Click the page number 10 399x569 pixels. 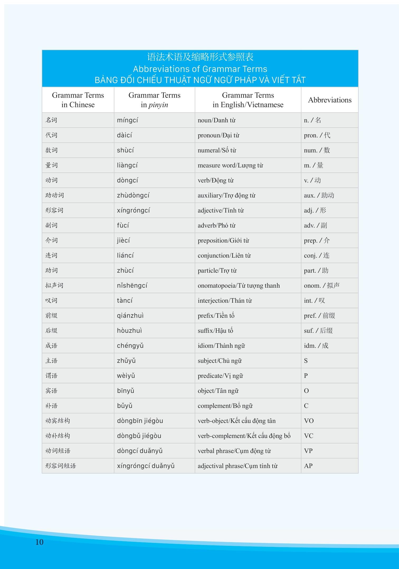[x=39, y=542]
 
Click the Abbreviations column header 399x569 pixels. [x=330, y=100]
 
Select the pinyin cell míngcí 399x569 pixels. [x=127, y=120]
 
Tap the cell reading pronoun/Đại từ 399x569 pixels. [x=218, y=135]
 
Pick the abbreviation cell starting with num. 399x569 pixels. [x=317, y=150]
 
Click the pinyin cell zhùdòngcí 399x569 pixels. [x=133, y=195]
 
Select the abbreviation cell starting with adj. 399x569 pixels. [x=315, y=210]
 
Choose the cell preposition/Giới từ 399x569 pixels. [x=223, y=240]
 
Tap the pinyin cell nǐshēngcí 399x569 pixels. [x=132, y=286]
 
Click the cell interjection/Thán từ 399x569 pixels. [x=225, y=301]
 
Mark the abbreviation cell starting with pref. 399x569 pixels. [x=319, y=316]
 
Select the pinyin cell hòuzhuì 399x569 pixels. [x=129, y=331]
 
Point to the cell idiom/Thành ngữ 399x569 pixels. [x=221, y=346]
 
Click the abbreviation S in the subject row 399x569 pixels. [x=306, y=361]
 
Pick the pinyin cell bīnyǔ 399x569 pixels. [x=126, y=391]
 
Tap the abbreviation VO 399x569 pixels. [x=309, y=421]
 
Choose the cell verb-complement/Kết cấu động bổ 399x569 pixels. [x=244, y=436]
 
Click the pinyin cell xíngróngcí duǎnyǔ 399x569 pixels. [x=146, y=466]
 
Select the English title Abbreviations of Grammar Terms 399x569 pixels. [x=200, y=69]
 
